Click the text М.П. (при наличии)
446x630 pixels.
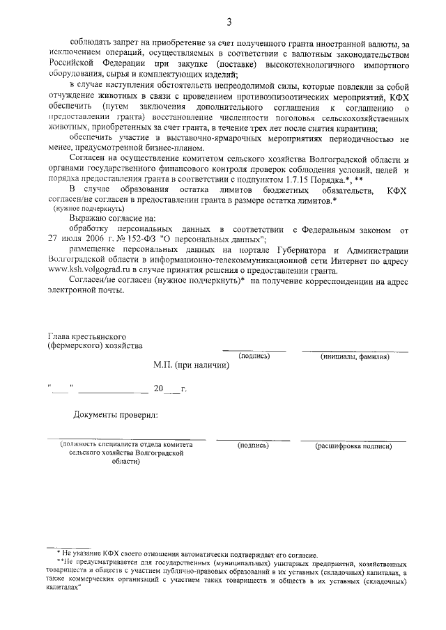[191, 364]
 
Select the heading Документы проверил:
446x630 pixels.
[116, 416]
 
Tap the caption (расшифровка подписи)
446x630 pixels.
[352, 445]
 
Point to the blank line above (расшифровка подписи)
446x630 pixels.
[353, 440]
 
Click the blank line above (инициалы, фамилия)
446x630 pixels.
[354, 350]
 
